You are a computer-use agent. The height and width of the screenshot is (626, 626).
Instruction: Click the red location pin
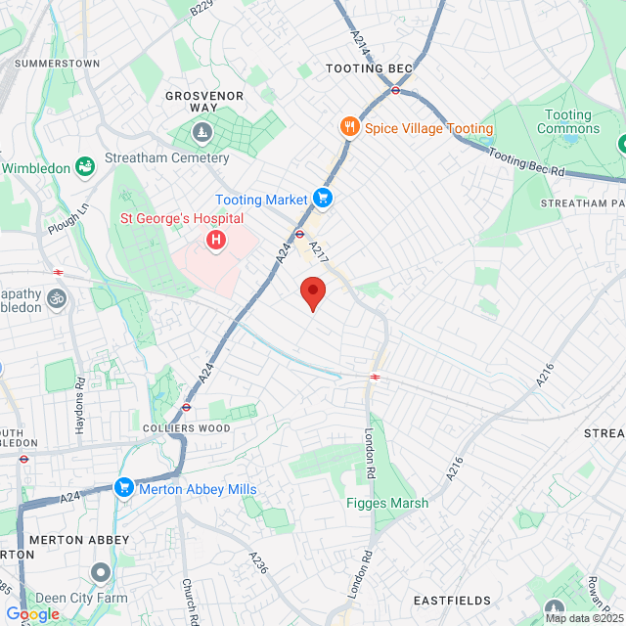(312, 291)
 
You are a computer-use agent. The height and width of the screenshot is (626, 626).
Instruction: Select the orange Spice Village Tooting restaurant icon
(348, 127)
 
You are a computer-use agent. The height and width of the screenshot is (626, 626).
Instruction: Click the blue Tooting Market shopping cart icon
(323, 200)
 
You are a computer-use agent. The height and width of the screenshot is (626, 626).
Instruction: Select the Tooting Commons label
(568, 121)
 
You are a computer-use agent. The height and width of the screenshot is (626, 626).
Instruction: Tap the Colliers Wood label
(186, 428)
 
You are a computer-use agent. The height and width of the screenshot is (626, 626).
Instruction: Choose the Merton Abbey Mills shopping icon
(123, 488)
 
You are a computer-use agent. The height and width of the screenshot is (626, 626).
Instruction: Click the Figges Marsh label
(387, 504)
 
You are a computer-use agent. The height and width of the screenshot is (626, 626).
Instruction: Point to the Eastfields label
(451, 600)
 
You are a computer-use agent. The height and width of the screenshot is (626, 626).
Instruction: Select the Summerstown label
(59, 63)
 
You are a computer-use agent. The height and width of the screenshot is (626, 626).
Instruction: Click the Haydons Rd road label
(79, 406)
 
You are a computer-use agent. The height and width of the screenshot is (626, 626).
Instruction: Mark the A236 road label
(258, 562)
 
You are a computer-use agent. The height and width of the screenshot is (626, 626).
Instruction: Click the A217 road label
(318, 251)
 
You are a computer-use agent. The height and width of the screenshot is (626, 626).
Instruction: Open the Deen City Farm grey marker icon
(101, 571)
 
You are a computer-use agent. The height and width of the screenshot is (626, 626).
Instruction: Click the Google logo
(32, 613)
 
